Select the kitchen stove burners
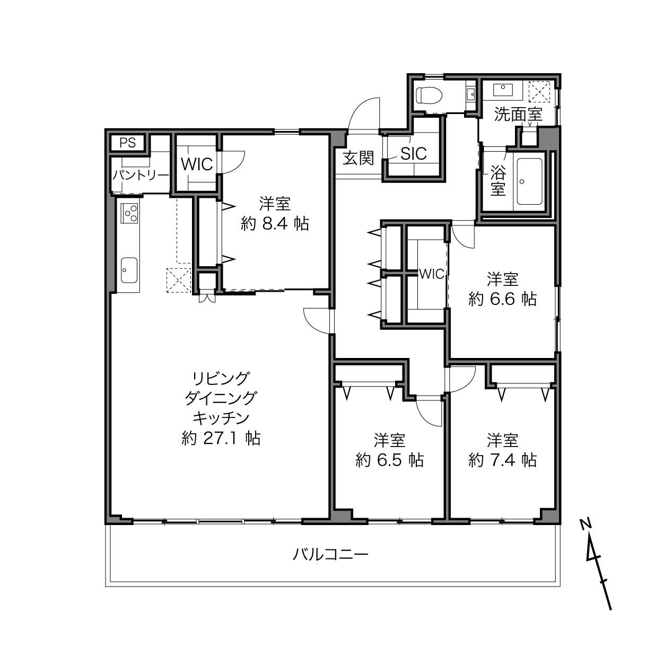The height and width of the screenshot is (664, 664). coord(129,213)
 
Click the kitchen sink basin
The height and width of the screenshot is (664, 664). coord(129,270)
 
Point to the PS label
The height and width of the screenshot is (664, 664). coord(127,143)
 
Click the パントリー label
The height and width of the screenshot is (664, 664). coord(141,176)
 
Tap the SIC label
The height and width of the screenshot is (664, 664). coord(414,154)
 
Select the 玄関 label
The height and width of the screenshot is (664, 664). coord(359,158)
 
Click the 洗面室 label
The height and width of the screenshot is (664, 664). coord(519,114)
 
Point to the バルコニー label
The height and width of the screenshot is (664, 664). coord(330,554)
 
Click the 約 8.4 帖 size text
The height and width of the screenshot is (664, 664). coord(275,224)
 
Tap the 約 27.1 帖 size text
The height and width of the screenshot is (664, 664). coord(221,438)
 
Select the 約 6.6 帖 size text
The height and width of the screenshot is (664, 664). coord(502,299)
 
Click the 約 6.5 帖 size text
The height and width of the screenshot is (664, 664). coord(389,460)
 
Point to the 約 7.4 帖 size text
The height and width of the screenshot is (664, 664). coord(502,460)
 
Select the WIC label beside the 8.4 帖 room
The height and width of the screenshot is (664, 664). coord(197,164)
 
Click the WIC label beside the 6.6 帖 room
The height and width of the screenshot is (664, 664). coord(431,274)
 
